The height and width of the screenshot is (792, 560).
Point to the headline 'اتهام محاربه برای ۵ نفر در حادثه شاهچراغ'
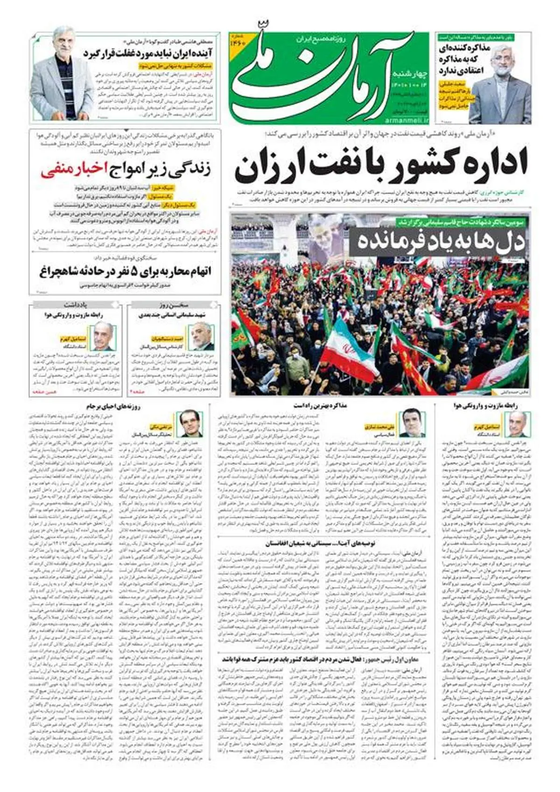125,271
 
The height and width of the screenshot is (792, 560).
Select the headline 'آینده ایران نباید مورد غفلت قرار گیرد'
148,53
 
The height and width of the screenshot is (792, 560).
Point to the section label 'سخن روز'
173,305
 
